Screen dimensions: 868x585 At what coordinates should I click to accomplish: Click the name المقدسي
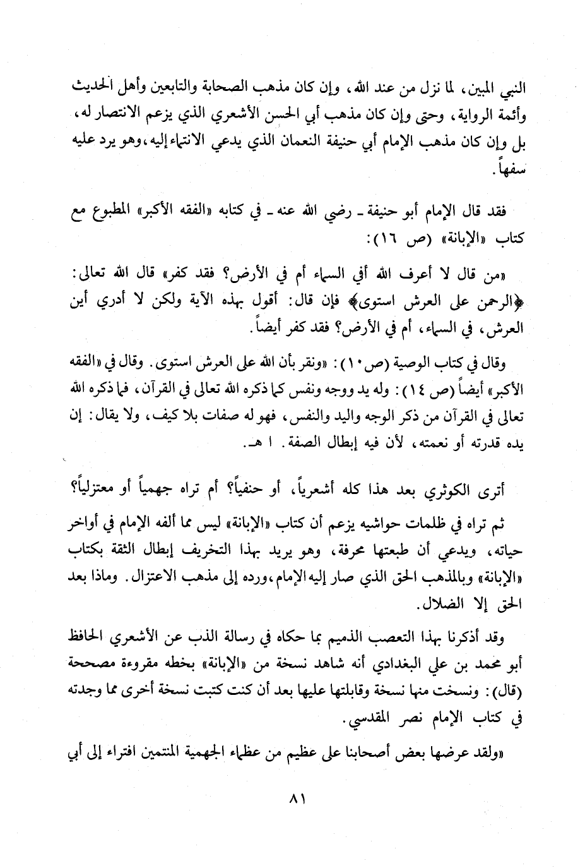pyautogui.click(x=367, y=720)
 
